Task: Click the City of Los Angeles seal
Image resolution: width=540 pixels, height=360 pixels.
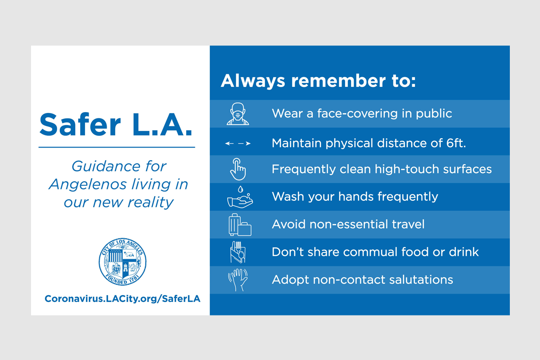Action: [122, 261]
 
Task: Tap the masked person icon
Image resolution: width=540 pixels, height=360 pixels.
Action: [238, 114]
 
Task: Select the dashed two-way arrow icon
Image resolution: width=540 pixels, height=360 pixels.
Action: [238, 144]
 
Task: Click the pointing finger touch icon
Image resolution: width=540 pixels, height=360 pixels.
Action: [238, 169]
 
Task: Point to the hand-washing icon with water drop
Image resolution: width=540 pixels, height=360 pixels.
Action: [240, 197]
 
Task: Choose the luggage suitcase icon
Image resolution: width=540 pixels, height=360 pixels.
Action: [240, 225]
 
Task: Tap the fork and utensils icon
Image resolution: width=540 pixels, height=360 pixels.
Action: [238, 252]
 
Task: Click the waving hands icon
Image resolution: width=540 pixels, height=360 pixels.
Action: [238, 280]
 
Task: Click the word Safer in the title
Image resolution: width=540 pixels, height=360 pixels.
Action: [80, 125]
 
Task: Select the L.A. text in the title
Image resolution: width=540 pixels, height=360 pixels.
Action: [162, 125]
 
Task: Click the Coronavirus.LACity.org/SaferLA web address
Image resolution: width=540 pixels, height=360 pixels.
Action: [122, 299]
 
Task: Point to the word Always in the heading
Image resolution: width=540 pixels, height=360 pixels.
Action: [253, 81]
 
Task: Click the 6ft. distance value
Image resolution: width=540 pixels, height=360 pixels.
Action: [456, 143]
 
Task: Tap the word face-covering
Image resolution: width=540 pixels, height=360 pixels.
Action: [357, 113]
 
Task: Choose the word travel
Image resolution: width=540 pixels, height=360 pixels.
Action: [408, 224]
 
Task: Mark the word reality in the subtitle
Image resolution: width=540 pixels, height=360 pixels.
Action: [150, 202]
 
